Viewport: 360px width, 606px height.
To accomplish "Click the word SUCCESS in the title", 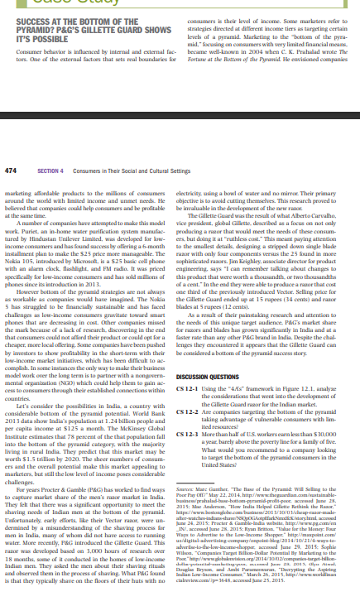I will pos(23,8).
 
